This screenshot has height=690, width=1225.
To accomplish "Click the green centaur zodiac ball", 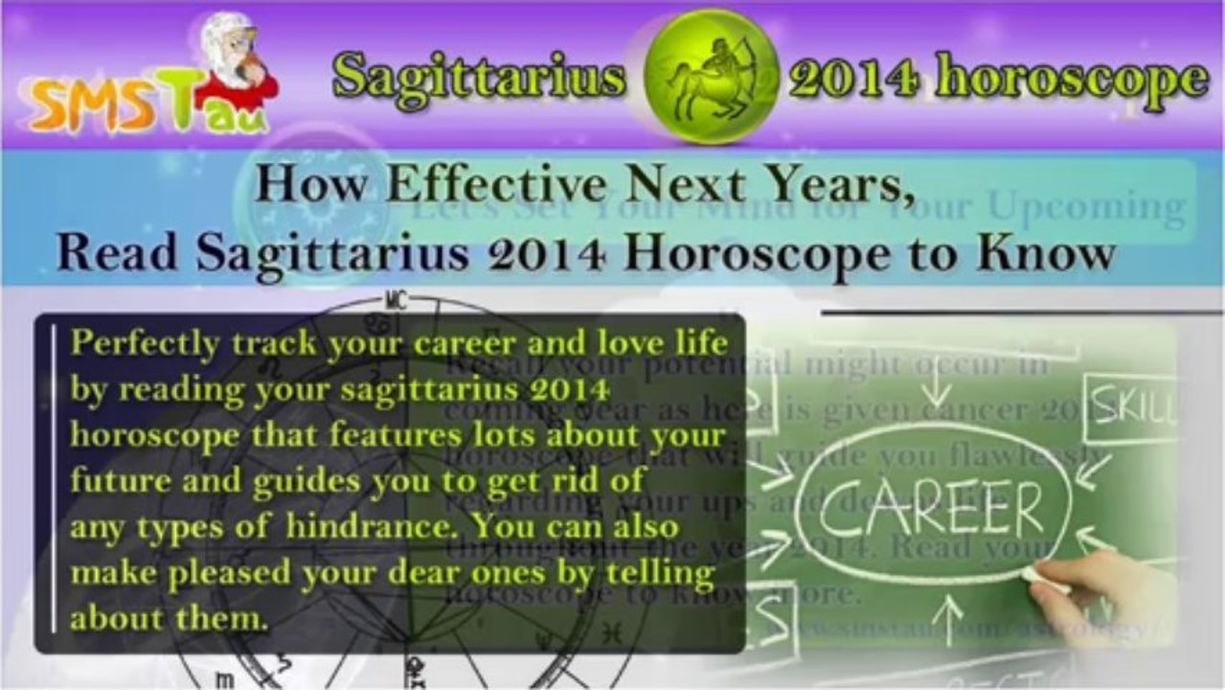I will point(711,75).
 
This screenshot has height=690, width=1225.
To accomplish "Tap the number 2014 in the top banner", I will point(853,77).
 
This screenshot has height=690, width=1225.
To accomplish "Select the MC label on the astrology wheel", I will point(396,301).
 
